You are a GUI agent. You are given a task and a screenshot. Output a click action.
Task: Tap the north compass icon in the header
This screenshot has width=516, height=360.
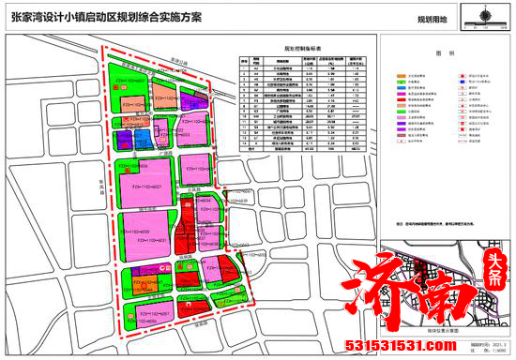tap(486, 16)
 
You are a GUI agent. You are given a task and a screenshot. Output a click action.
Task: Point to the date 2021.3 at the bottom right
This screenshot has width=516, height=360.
tap(488, 344)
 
